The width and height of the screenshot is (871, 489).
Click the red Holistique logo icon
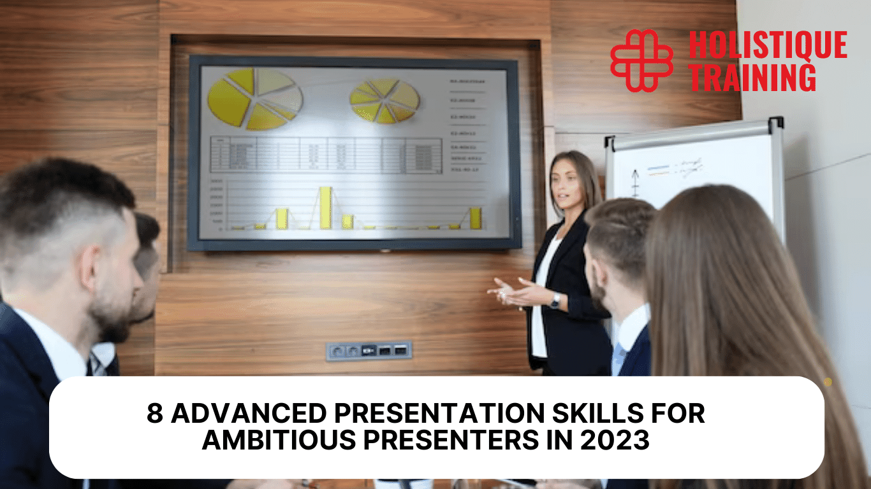[641, 60]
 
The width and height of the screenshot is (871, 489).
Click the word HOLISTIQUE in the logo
[768, 46]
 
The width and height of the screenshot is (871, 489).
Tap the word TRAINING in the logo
[752, 77]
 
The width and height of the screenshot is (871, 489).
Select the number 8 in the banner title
[155, 414]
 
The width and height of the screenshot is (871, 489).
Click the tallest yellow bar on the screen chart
[325, 208]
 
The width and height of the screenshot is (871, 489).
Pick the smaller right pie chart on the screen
[384, 101]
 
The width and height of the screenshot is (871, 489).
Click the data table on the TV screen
[325, 155]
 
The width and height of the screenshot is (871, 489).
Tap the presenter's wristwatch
[555, 301]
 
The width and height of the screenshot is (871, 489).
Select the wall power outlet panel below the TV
[369, 350]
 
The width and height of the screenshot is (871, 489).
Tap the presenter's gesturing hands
[510, 292]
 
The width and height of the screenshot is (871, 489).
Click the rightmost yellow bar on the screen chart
[476, 218]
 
